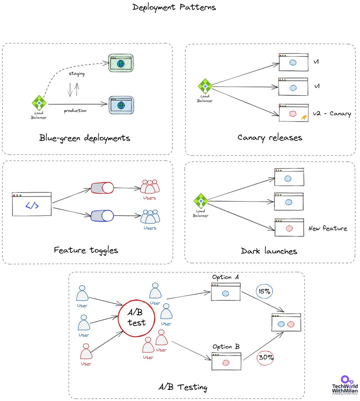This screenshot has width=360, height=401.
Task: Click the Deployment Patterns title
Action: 174,7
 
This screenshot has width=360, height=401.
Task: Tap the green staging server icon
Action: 121,63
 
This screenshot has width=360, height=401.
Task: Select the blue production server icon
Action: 121,105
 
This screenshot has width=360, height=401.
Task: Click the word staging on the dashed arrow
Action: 77,74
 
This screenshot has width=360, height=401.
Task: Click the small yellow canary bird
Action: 304,117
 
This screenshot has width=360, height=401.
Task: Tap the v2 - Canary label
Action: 332,114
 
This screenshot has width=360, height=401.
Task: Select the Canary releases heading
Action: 269,137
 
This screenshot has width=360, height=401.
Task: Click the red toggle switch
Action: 102,188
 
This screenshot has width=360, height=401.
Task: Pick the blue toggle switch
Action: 102,216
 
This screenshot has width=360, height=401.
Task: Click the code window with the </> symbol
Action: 32,204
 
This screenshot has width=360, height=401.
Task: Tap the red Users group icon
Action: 149,187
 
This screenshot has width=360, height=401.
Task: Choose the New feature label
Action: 328,229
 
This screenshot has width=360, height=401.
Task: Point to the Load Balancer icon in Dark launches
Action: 201,202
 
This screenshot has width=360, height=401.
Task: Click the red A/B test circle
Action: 136,318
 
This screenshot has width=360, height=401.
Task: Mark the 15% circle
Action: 264,291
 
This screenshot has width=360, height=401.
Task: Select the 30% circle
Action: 265,358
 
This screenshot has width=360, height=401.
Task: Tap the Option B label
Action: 226,347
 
